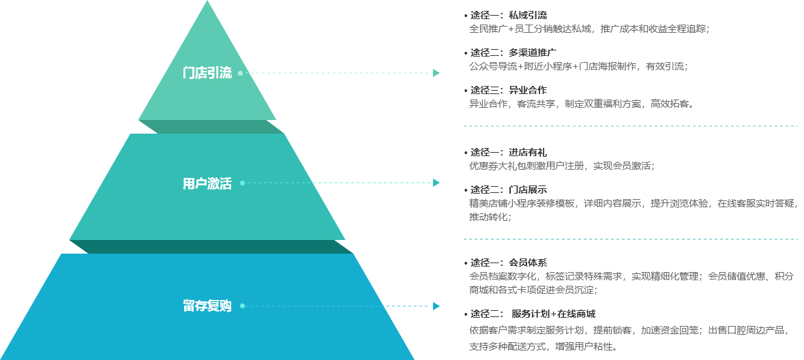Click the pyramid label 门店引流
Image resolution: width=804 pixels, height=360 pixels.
207,73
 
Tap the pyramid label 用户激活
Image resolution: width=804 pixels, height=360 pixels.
207,183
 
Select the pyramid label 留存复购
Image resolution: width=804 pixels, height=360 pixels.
207,306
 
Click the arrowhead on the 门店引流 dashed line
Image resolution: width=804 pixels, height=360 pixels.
436,73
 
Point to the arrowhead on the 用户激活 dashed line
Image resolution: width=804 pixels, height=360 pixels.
436,183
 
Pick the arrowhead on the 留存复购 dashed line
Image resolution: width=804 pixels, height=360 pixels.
436,306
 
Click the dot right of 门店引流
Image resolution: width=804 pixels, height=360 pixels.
241,73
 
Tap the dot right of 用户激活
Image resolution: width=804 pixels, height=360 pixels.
242,183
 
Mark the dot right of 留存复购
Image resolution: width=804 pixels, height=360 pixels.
242,306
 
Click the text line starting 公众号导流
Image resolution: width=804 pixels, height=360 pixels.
578,66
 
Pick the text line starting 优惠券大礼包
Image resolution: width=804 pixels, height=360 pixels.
561,166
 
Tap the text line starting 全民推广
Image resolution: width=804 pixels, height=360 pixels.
589,29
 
